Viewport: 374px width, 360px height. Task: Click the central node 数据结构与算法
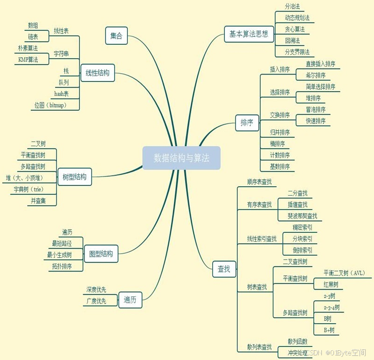pos(181,158)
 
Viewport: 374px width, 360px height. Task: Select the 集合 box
pos(116,36)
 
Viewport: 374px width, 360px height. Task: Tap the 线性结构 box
pos(97,73)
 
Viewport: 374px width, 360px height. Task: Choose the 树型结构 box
pos(75,177)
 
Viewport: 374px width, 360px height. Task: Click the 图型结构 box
pos(101,254)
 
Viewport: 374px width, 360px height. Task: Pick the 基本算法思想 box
pos(249,34)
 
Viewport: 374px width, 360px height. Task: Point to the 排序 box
pos(247,123)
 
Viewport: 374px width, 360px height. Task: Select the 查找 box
pos(224,269)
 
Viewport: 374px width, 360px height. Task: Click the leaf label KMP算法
pos(28,60)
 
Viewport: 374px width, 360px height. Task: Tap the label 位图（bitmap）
pos(50,105)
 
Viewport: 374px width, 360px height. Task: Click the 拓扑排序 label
pos(62,266)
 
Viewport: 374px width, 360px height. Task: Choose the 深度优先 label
pos(96,290)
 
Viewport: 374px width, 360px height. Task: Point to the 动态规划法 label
pos(297,18)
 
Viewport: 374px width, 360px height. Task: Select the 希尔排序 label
pos(316,75)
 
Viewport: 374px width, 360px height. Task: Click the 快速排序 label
pos(316,121)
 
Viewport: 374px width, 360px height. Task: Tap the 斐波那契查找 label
pos(302,216)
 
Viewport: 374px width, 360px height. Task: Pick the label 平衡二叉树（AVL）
pos(344,273)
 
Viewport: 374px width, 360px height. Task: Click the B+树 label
pos(329,330)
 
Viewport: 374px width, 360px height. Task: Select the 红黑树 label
pos(331,285)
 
